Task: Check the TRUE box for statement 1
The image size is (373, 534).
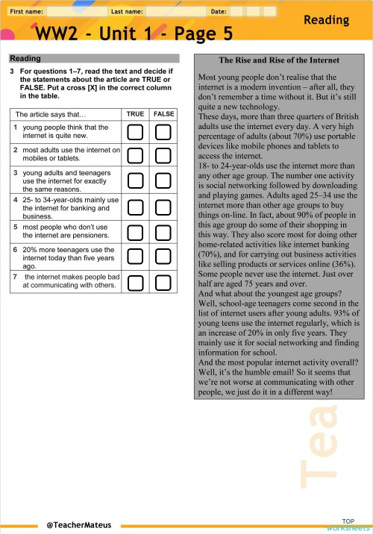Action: tap(135, 132)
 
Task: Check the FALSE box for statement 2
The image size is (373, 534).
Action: tap(163, 155)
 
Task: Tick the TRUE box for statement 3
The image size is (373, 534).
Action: tap(135, 180)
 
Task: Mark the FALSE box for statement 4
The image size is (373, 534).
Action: tap(163, 206)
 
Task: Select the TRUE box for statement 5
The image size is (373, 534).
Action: tap(135, 230)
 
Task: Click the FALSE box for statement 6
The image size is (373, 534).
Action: tap(163, 256)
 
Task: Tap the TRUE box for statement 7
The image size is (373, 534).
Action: tap(135, 282)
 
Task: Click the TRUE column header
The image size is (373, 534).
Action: tap(135, 114)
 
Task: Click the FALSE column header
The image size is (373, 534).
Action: tap(163, 114)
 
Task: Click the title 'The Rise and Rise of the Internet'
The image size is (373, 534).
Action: tap(278, 60)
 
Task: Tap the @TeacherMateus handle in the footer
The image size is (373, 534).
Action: tap(78, 525)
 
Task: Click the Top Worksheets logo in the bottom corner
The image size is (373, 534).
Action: tap(348, 524)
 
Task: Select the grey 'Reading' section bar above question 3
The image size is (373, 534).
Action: tap(93, 58)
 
